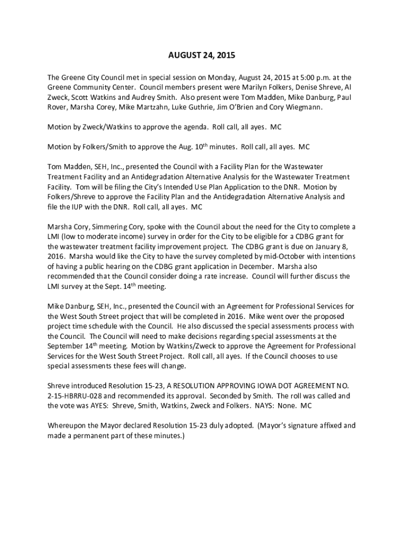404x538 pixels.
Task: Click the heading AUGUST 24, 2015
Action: (x=201, y=55)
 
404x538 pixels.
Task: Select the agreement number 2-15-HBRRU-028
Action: (x=77, y=396)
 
